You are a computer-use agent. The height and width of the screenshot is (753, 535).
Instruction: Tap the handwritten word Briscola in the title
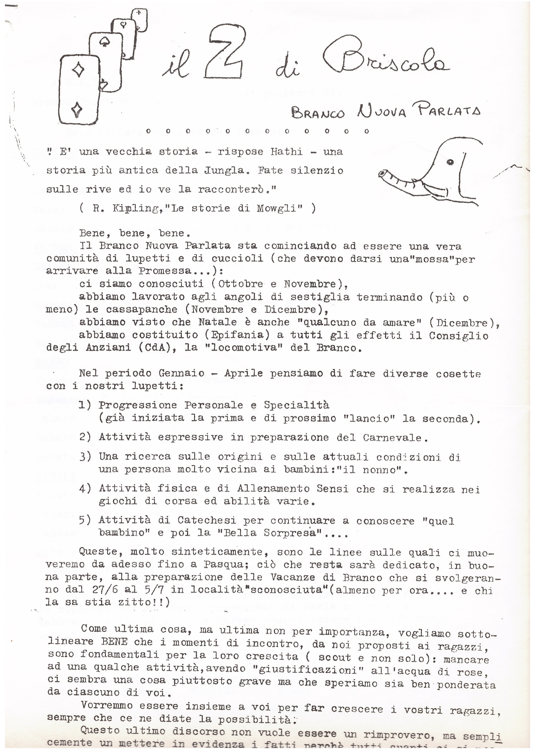tap(385, 59)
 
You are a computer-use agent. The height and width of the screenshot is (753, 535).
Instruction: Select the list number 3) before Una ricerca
tap(85, 457)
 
